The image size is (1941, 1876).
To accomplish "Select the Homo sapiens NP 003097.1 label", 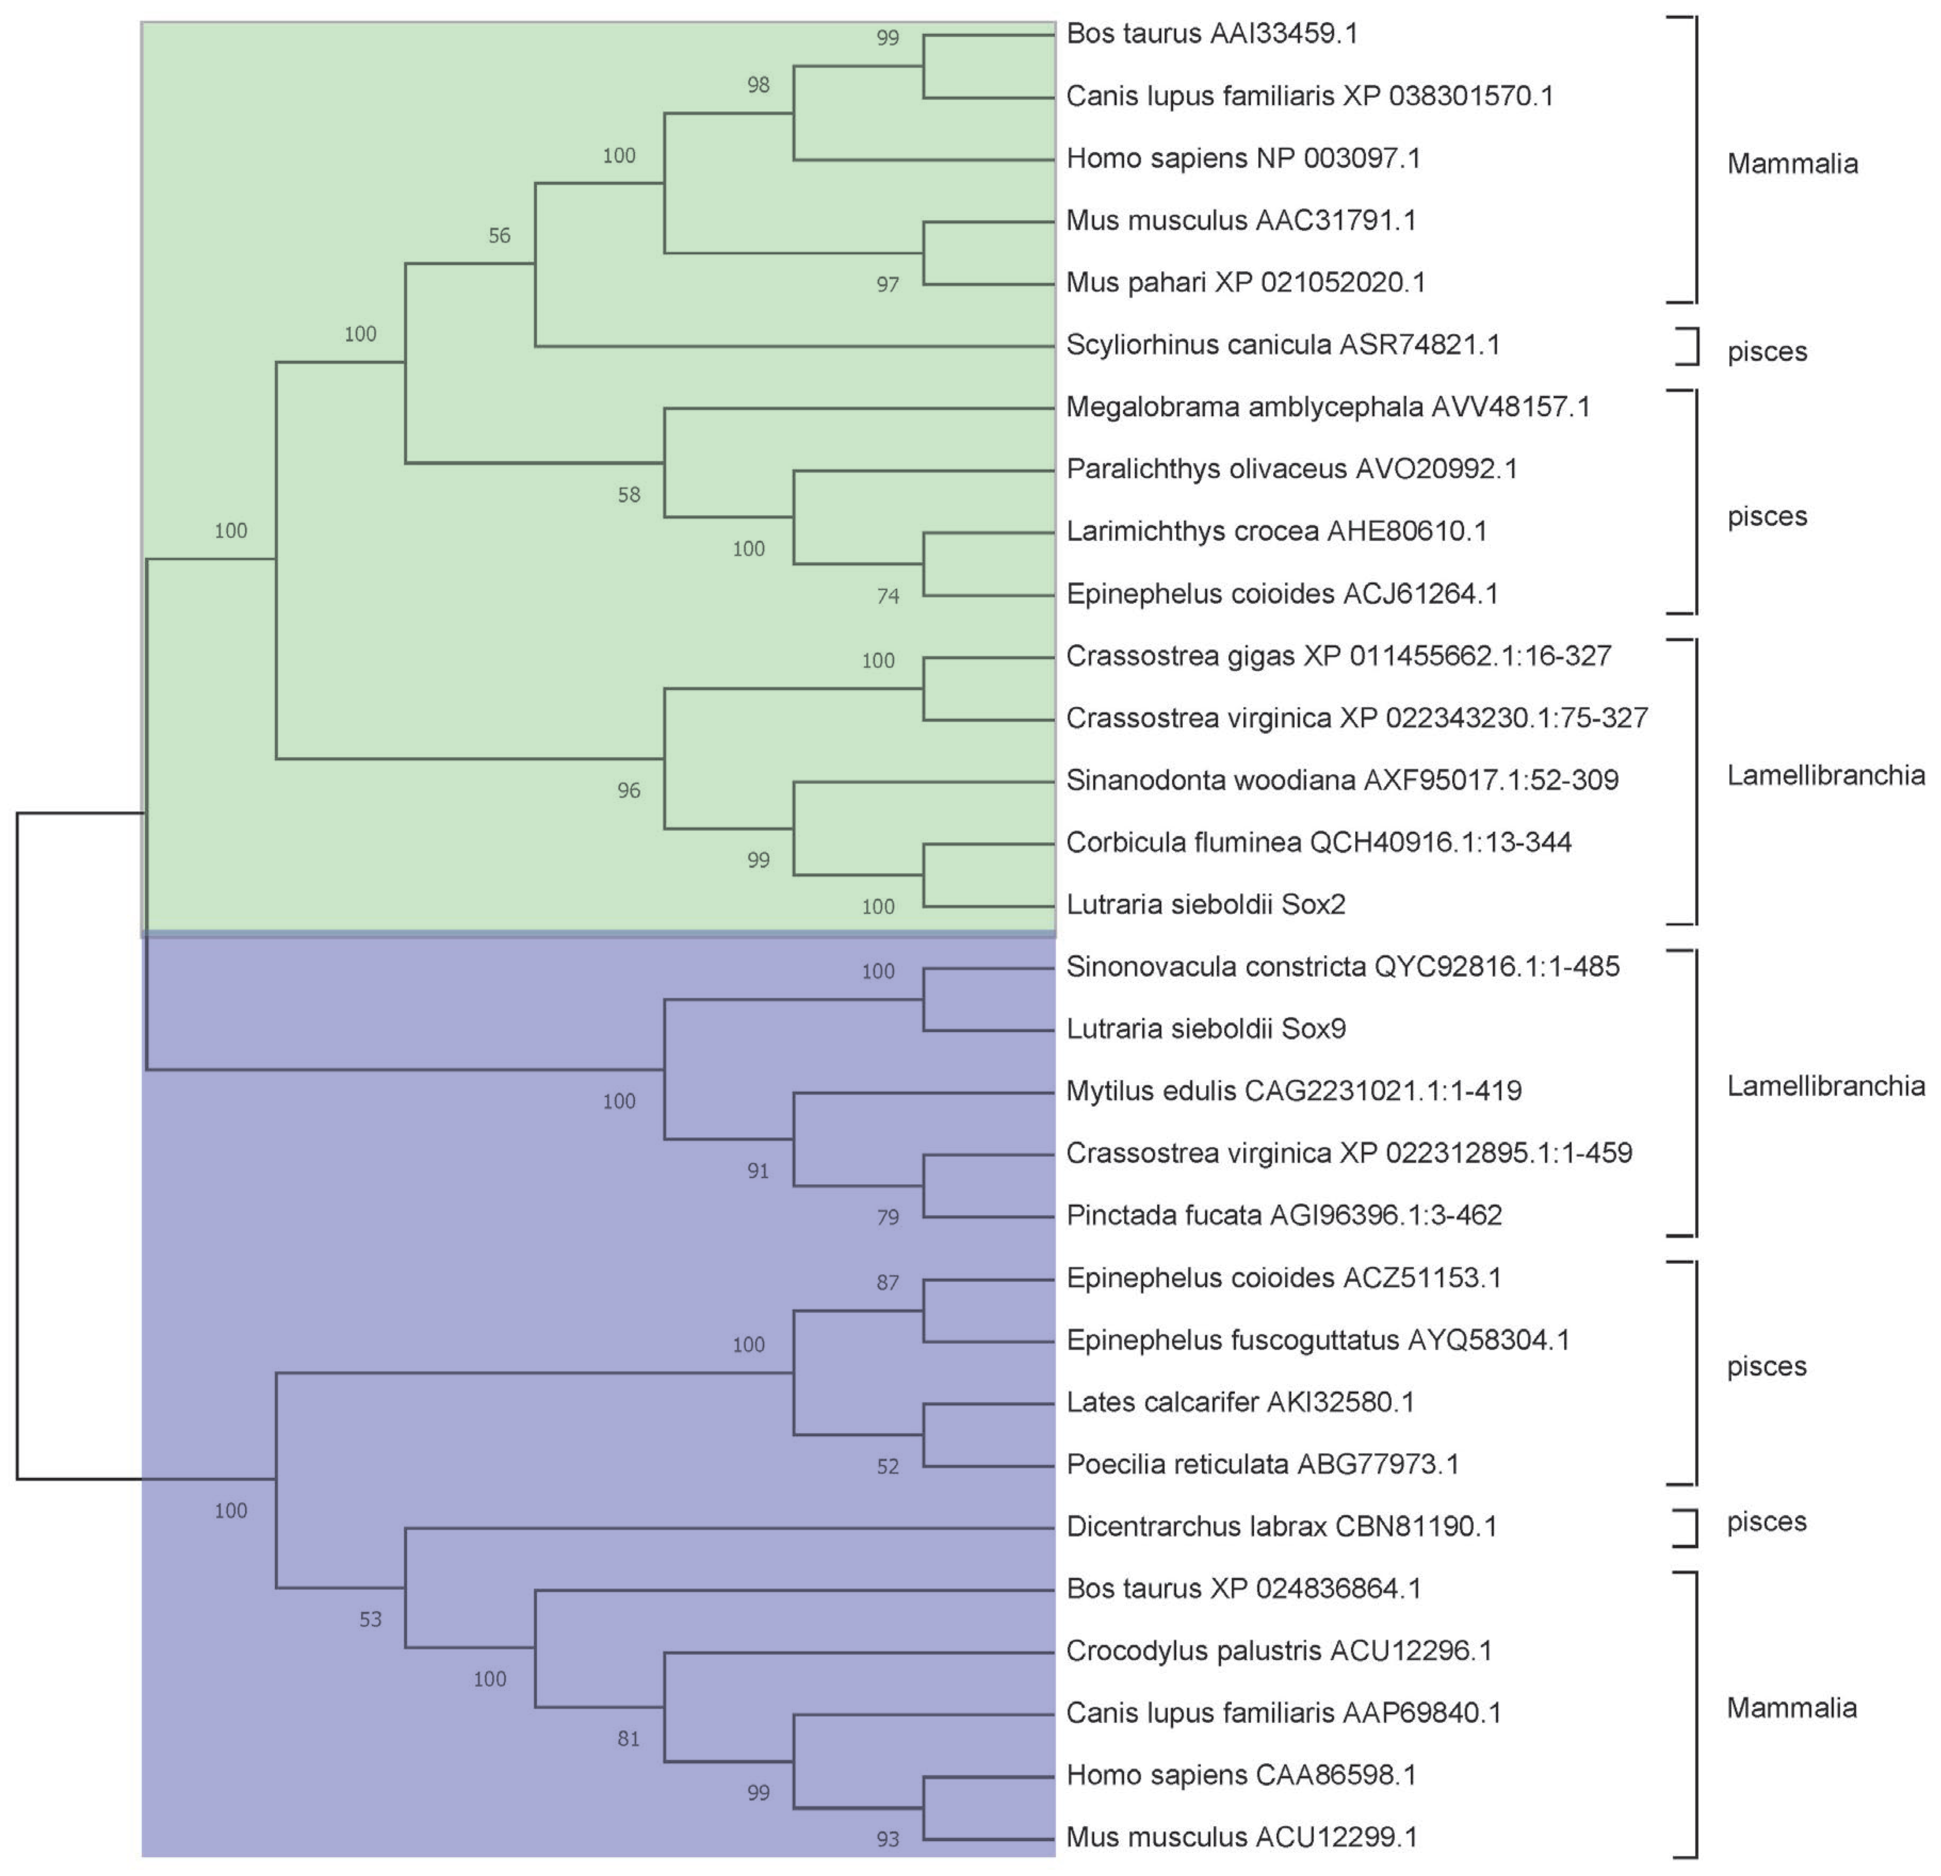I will pyautogui.click(x=1243, y=159).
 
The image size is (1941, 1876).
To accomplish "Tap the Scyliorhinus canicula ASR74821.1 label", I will pyautogui.click(x=1283, y=345).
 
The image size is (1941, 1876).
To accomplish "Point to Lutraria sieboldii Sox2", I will pyautogui.click(x=1205, y=904).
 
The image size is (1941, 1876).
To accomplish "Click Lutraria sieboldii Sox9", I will pyautogui.click(x=1205, y=1029).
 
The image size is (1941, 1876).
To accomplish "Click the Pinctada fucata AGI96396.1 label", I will pyautogui.click(x=1284, y=1216).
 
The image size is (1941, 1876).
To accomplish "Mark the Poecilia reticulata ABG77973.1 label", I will pyautogui.click(x=1262, y=1464).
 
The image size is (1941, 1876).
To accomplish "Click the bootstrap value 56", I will pyautogui.click(x=499, y=236).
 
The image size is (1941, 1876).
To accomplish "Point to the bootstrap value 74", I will pyautogui.click(x=887, y=596).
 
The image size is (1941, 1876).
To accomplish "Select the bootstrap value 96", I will pyautogui.click(x=629, y=790).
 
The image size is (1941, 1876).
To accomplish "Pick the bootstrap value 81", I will pyautogui.click(x=629, y=1739).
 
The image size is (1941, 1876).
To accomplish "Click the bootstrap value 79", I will pyautogui.click(x=887, y=1217).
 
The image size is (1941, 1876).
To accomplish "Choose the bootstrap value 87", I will pyautogui.click(x=887, y=1283).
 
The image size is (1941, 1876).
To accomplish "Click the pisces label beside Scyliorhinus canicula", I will pyautogui.click(x=1767, y=352).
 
